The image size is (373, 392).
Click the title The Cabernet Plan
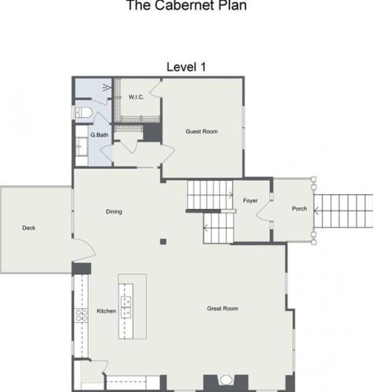click(x=186, y=5)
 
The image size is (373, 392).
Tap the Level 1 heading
click(x=186, y=67)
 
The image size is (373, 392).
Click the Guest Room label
click(x=202, y=131)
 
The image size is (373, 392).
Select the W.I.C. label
click(x=136, y=97)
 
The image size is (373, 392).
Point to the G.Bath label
click(x=100, y=135)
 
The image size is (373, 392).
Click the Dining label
click(x=114, y=211)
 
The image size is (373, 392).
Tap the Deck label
click(x=29, y=228)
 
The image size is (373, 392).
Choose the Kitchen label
click(x=106, y=311)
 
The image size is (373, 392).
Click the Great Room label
click(x=222, y=309)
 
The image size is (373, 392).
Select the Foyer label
click(x=250, y=200)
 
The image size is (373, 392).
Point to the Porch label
click(x=299, y=209)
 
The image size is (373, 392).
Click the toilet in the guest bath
click(x=83, y=113)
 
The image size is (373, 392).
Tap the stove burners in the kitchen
click(x=81, y=315)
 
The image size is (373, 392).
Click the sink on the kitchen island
click(x=126, y=307)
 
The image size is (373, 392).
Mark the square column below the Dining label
click(x=163, y=241)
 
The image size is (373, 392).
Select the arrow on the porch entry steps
click(x=316, y=211)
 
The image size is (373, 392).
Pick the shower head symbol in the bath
click(x=107, y=87)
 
